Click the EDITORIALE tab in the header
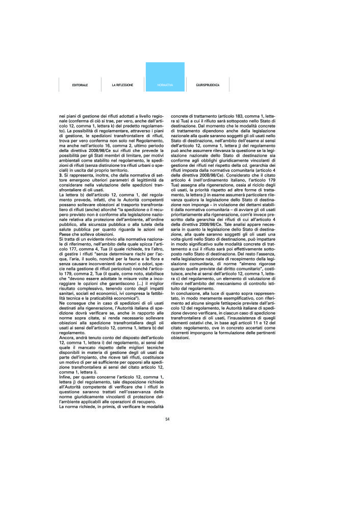[x=80, y=85]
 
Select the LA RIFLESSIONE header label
[x=122, y=85]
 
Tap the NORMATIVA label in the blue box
[x=165, y=85]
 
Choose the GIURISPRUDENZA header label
[x=208, y=85]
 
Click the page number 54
[x=167, y=420]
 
